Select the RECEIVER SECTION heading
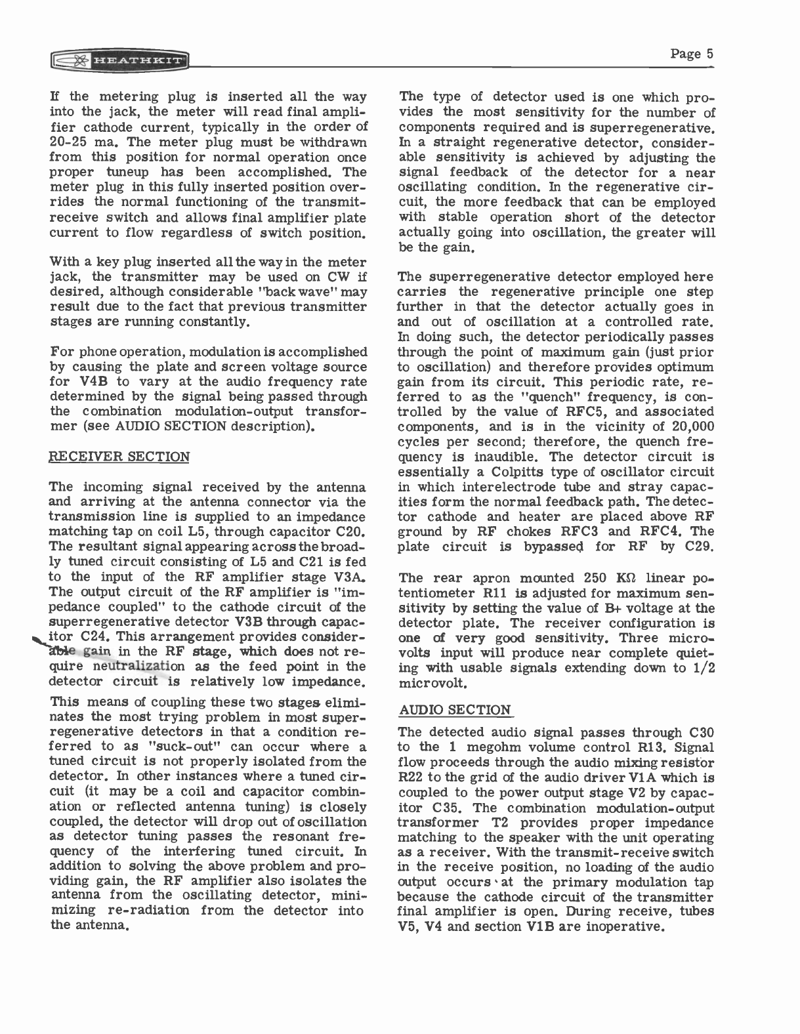click(x=120, y=457)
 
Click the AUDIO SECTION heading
click(x=455, y=710)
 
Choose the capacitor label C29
click(x=697, y=547)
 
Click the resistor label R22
click(x=413, y=777)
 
